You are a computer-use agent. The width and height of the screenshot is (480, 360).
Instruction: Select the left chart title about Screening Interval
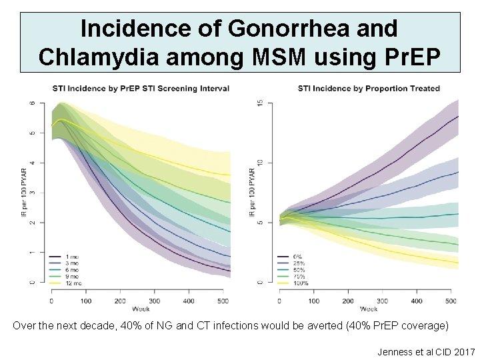point(141,89)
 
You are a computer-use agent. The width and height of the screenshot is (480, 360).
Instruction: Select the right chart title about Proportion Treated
point(369,89)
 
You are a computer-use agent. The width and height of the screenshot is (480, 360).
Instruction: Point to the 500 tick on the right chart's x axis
point(451,301)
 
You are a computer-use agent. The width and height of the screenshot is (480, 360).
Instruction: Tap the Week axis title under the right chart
point(369,309)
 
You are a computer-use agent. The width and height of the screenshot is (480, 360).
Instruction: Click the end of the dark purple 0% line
point(457,116)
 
